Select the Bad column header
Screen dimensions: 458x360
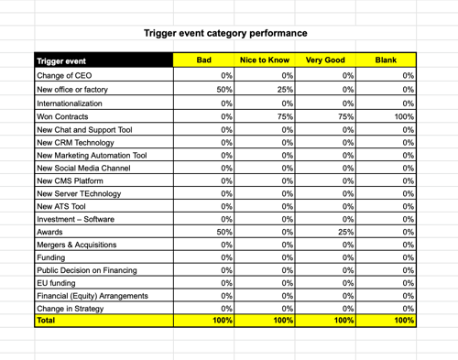[x=204, y=60]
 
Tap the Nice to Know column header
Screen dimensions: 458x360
[x=264, y=60]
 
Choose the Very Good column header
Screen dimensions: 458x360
[x=325, y=60]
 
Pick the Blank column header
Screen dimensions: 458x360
[x=386, y=60]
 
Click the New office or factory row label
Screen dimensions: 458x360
[x=75, y=90]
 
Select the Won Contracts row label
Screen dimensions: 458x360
[x=65, y=118]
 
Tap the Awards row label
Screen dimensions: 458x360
[x=50, y=234]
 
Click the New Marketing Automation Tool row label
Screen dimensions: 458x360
[x=91, y=157]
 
